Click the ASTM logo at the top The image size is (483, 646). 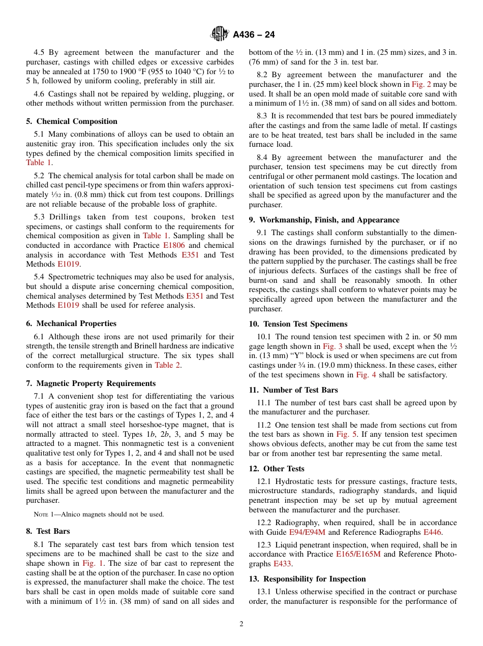pos(220,35)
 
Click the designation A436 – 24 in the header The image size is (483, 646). pos(254,35)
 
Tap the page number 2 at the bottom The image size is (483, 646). pos(242,624)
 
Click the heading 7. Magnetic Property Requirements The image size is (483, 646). pos(91,383)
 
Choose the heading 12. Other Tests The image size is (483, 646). pos(277,469)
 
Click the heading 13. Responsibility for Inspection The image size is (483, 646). pos(307,579)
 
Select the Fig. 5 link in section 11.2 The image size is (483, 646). pos(345,434)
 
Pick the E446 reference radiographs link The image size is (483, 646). pos(433,532)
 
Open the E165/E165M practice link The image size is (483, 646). pos(358,555)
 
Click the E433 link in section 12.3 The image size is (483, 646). pos(283,564)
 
